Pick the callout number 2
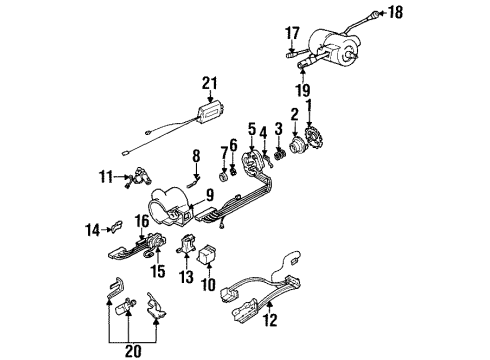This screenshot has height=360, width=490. point(295,114)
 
